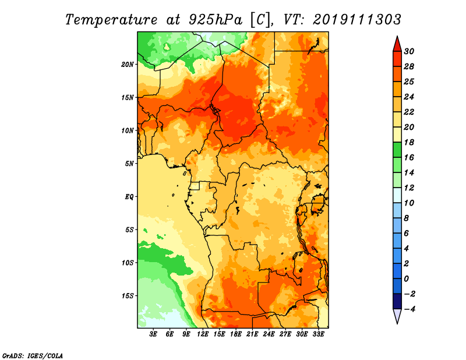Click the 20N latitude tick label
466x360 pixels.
tap(128, 65)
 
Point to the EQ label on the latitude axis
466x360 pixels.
tap(129, 197)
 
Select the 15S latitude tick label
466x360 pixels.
tap(128, 296)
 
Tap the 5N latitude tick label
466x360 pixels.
tap(129, 164)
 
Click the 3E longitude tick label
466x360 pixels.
tap(153, 334)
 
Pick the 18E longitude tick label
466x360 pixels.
tap(236, 334)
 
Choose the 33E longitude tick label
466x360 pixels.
tap(318, 334)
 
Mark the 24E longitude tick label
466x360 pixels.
tap(269, 334)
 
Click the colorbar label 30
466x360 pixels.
tap(409, 51)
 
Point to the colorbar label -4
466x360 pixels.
tap(409, 309)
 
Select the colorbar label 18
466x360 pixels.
tap(409, 142)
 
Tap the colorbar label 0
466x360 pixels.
tap(406, 279)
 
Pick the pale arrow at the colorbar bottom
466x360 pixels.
tap(397, 316)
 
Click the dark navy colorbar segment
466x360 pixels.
tap(397, 301)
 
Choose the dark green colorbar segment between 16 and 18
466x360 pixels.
tap(397, 150)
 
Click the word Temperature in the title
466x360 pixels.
tap(111, 20)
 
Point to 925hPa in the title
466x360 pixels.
tap(216, 20)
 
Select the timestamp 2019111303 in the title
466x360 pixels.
tap(357, 20)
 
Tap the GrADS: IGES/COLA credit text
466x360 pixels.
tap(33, 355)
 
